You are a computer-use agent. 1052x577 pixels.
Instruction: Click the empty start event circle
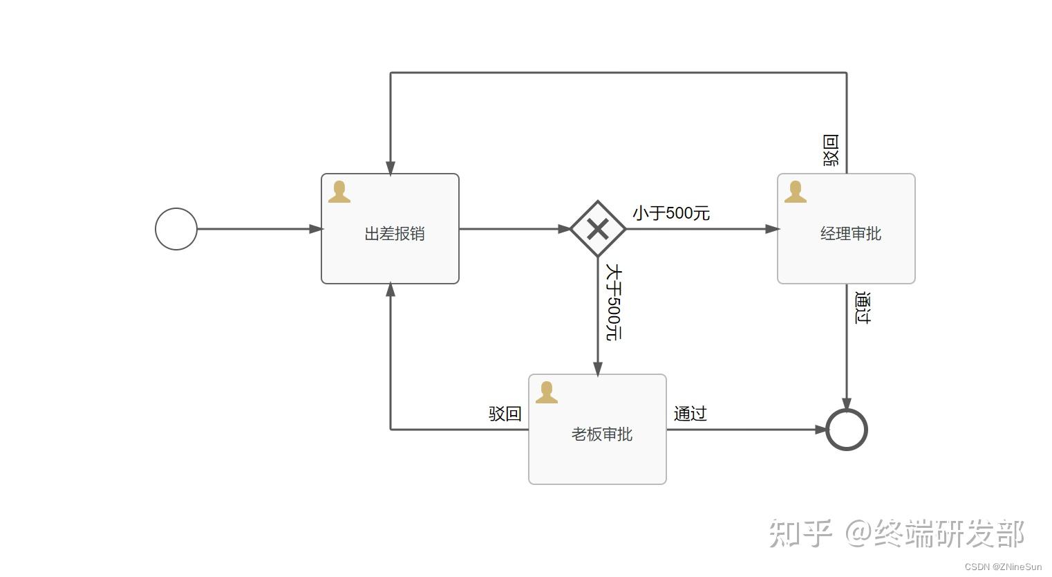point(176,229)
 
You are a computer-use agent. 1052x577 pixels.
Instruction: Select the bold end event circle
point(847,430)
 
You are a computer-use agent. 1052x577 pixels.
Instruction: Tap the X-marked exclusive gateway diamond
point(598,229)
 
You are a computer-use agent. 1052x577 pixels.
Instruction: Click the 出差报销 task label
point(394,234)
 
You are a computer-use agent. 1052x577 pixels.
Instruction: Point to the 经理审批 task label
point(850,234)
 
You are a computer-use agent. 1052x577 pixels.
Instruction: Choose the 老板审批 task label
point(601,434)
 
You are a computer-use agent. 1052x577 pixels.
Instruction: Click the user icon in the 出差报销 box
point(339,192)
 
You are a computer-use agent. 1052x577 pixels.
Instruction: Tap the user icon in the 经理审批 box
point(795,192)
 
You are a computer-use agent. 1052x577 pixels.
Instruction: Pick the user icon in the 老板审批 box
point(546,392)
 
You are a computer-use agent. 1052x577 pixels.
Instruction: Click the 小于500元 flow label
point(670,213)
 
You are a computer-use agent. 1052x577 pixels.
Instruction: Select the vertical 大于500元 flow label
point(614,302)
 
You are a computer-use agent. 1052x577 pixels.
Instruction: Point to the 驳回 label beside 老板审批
point(505,414)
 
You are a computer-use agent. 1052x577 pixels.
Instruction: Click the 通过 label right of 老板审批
point(690,414)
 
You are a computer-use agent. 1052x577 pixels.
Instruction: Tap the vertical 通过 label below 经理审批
point(863,308)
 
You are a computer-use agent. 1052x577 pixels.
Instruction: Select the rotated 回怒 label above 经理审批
point(830,150)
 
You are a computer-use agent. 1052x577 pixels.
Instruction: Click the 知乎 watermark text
point(800,533)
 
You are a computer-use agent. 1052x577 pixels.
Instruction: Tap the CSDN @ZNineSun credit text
point(1003,567)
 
